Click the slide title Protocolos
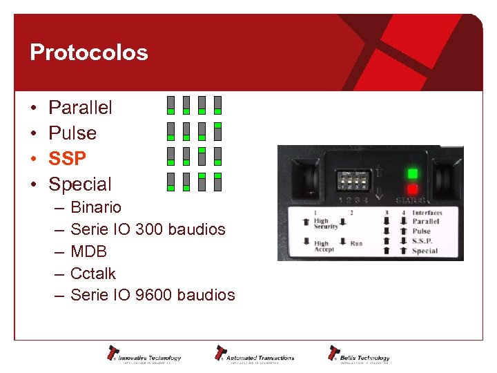(x=88, y=52)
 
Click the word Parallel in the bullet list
(x=80, y=107)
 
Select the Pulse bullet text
(x=72, y=133)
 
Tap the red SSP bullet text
(x=67, y=158)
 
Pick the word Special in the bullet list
(x=79, y=184)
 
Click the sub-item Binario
(x=96, y=207)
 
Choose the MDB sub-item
(x=89, y=251)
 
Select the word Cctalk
(x=93, y=274)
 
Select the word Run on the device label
(x=356, y=243)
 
